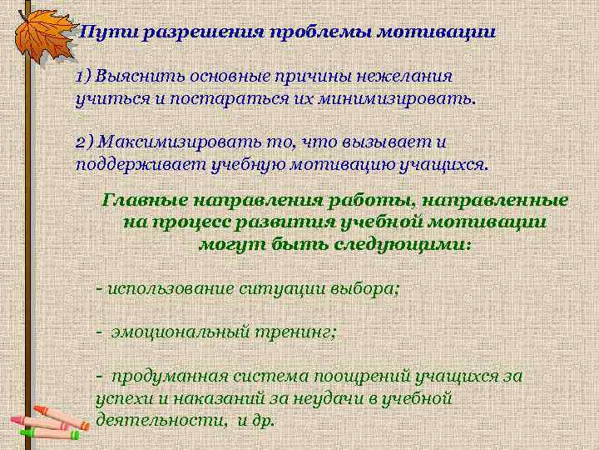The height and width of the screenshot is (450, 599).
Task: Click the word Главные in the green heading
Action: [x=144, y=200]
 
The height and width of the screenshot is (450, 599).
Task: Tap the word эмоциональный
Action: [x=176, y=332]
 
